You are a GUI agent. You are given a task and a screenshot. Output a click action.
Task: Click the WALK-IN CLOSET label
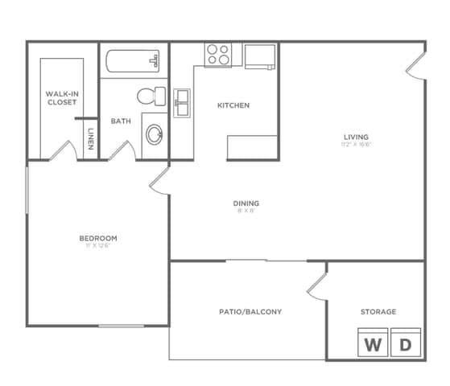(62, 98)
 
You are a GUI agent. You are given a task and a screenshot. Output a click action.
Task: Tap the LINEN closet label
(91, 138)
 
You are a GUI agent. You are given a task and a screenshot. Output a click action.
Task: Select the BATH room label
(121, 121)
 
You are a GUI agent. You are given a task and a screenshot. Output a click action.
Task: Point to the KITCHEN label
(233, 105)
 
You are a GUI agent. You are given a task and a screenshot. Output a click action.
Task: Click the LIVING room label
(354, 137)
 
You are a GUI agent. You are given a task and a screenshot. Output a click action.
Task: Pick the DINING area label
(247, 203)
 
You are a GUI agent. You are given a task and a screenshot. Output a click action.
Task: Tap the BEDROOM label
(98, 238)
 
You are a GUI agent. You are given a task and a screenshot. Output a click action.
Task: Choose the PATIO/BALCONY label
(250, 311)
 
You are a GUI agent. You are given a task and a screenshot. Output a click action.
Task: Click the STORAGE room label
(378, 311)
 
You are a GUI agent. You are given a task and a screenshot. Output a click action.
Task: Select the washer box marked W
(373, 344)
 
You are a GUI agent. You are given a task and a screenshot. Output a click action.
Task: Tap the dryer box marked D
(406, 344)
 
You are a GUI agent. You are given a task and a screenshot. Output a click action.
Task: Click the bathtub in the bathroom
(132, 63)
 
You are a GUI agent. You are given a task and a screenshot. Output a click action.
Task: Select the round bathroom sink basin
(154, 133)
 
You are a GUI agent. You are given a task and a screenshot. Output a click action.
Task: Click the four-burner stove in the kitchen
(217, 54)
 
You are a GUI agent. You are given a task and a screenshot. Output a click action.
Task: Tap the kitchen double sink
(183, 103)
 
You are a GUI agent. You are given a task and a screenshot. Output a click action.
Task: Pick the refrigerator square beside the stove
(260, 55)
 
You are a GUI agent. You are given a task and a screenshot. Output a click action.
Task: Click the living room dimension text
(354, 146)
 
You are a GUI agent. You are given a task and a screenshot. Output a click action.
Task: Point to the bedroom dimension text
(98, 246)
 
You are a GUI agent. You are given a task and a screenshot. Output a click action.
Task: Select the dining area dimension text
(247, 211)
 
